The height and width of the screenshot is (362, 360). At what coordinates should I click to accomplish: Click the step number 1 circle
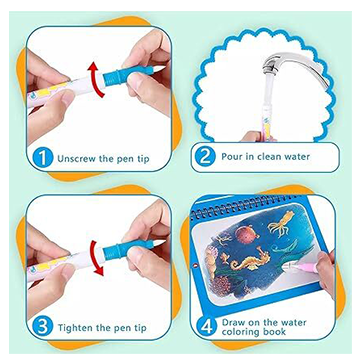(x=44, y=158)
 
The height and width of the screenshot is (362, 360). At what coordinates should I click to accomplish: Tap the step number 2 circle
(x=206, y=157)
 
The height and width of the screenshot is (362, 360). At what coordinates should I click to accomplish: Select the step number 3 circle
(x=44, y=327)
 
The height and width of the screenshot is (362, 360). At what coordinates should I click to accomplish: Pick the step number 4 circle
(x=206, y=327)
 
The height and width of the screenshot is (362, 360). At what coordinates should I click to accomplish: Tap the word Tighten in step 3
(x=75, y=327)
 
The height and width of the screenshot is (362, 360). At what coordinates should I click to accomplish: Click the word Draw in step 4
(x=233, y=322)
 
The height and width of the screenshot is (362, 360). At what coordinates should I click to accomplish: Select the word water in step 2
(x=296, y=156)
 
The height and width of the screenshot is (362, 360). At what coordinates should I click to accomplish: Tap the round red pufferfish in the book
(x=248, y=234)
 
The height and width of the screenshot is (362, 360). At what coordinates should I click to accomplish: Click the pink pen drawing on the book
(x=301, y=266)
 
